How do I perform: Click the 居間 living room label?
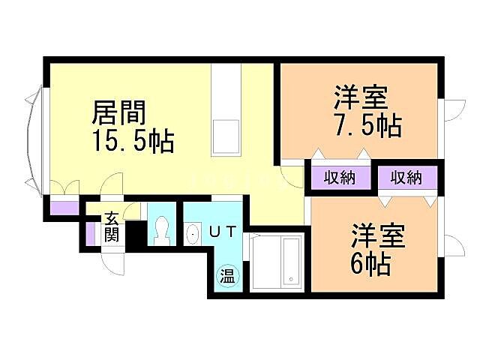point(118,114)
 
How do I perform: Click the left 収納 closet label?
point(340,178)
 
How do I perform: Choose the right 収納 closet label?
point(406,178)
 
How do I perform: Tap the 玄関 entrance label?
point(112,226)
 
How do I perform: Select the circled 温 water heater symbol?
point(227,276)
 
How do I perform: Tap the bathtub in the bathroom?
point(275,262)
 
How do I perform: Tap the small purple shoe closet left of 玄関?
point(91,232)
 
